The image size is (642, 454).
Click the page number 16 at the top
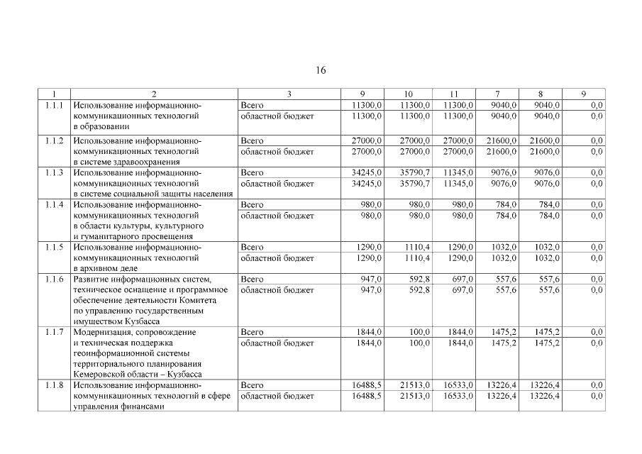pyautogui.click(x=321, y=70)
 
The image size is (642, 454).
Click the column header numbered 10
pyautogui.click(x=408, y=94)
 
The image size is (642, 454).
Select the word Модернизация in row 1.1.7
pyautogui.click(x=104, y=332)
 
